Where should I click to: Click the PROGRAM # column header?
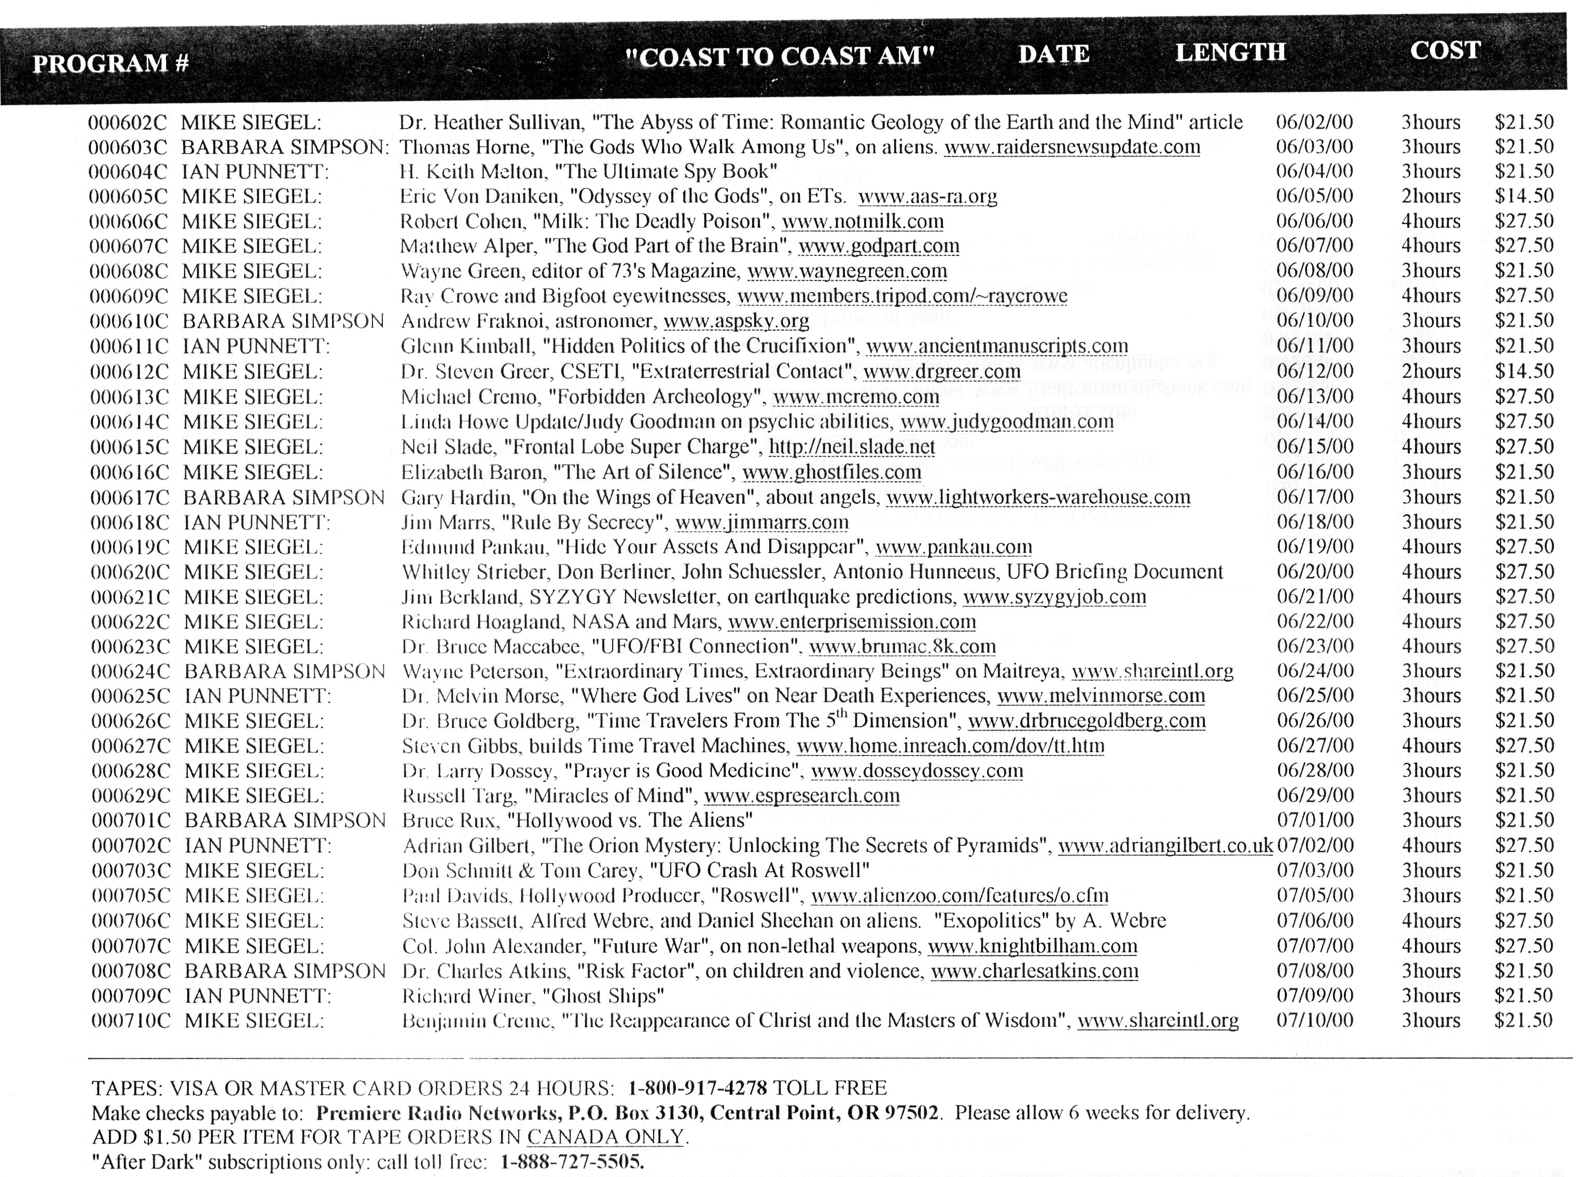tap(110, 63)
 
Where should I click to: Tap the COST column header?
tap(1445, 50)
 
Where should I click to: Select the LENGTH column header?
tap(1230, 52)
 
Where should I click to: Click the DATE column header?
tap(1053, 54)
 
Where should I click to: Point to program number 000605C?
tap(128, 197)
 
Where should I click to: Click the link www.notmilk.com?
tap(863, 222)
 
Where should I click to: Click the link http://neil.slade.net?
tap(852, 447)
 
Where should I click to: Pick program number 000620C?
tap(130, 572)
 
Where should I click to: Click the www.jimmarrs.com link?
tap(762, 522)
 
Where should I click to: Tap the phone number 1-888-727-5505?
tap(571, 1162)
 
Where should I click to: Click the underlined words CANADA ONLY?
tap(605, 1137)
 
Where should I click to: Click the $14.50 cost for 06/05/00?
tap(1523, 196)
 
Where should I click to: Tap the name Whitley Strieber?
tap(476, 572)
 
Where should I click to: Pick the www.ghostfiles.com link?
tap(831, 472)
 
